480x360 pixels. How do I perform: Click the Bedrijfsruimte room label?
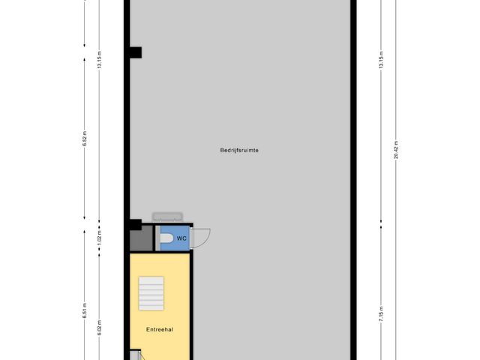click(x=240, y=150)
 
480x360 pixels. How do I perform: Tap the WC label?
click(x=181, y=238)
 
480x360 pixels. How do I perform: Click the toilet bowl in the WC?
click(x=166, y=238)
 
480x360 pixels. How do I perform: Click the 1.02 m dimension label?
click(x=99, y=239)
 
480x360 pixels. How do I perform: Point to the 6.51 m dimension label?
click(x=85, y=310)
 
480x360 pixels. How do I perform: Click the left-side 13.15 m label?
click(x=99, y=61)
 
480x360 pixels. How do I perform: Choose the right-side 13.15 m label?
click(x=381, y=61)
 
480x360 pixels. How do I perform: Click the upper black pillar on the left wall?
click(x=136, y=52)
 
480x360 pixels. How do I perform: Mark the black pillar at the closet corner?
click(x=134, y=223)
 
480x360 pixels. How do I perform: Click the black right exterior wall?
click(x=354, y=180)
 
